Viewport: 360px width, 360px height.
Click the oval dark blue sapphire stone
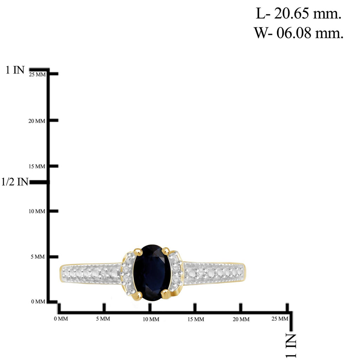(152, 272)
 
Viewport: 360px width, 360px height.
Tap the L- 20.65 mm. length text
(298, 14)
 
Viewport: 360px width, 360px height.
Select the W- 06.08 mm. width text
(298, 33)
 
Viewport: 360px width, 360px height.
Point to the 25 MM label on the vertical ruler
(37, 75)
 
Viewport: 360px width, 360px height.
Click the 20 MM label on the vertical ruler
(37, 121)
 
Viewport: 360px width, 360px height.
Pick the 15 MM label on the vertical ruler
(37, 166)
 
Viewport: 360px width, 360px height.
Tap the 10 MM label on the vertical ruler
(37, 211)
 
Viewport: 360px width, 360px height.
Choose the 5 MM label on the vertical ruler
(38, 257)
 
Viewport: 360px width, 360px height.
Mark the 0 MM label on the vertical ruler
(38, 301)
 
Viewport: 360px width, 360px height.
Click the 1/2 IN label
(15, 182)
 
